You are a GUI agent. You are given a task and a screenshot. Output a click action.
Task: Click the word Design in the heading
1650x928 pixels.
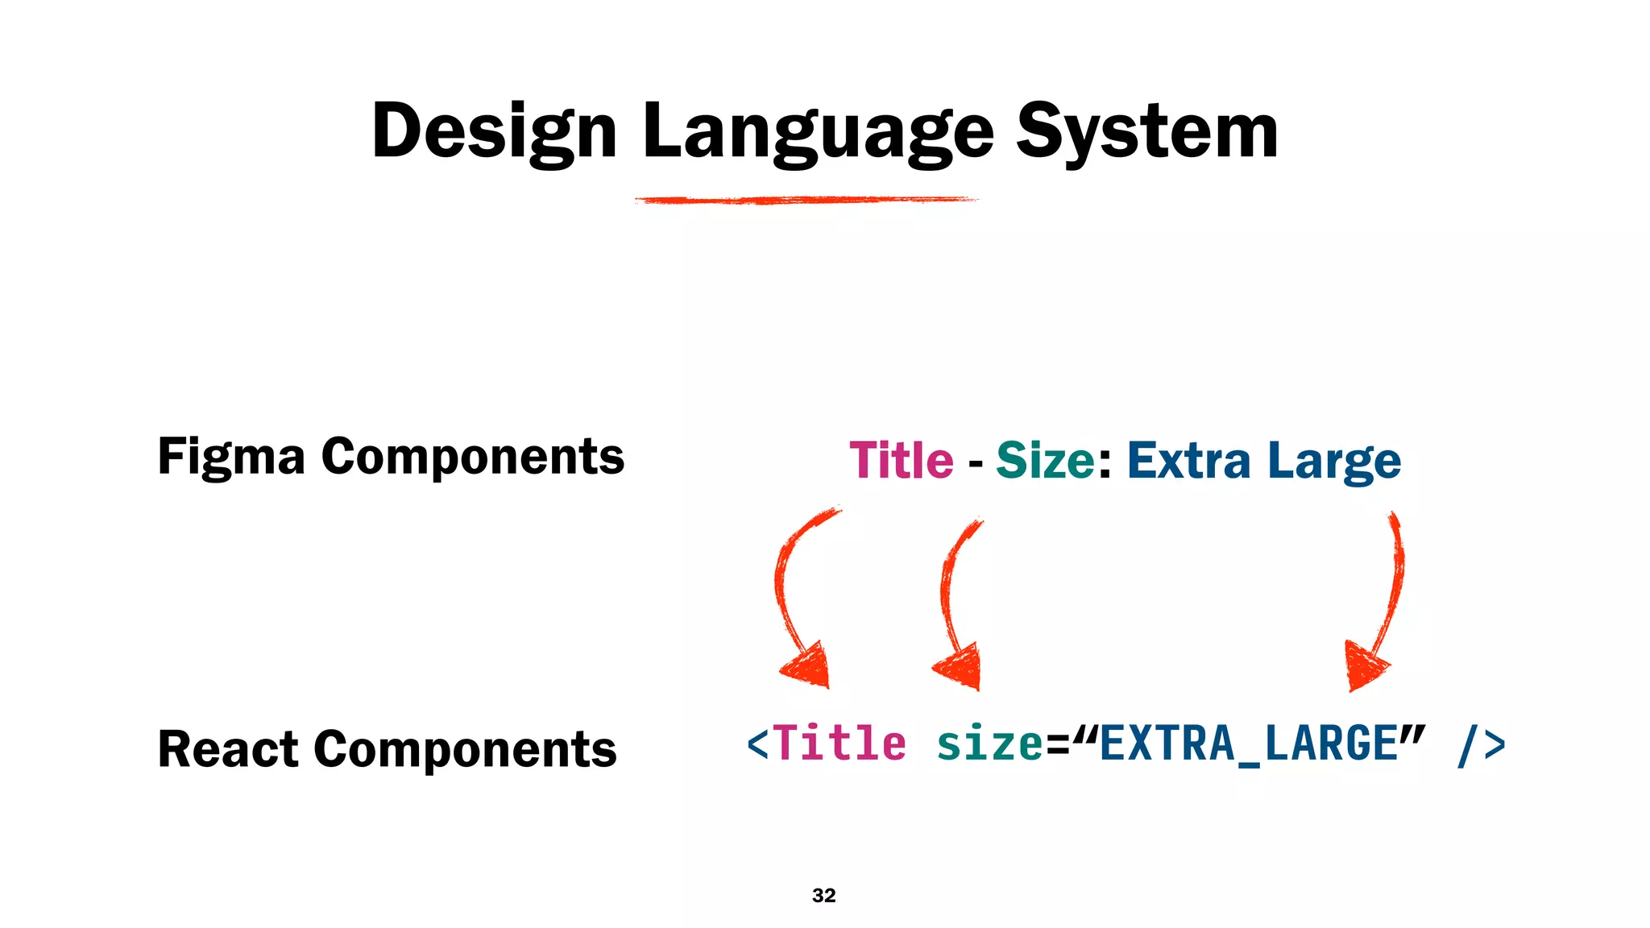click(x=493, y=131)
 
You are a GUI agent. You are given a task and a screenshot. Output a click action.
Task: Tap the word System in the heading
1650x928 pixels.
click(x=1146, y=131)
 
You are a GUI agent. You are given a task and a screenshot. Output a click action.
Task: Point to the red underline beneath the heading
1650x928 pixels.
click(x=806, y=200)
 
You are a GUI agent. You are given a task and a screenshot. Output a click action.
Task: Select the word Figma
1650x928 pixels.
click(x=231, y=458)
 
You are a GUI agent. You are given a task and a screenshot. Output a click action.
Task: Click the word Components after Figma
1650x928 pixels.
click(x=473, y=458)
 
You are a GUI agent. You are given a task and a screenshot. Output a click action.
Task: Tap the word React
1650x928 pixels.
click(x=228, y=749)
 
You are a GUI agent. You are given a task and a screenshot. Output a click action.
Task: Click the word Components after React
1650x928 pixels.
click(x=465, y=749)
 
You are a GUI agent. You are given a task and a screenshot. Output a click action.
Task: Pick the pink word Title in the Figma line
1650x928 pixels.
click(x=902, y=461)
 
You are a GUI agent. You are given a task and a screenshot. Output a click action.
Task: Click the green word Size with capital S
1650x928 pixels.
click(x=1045, y=461)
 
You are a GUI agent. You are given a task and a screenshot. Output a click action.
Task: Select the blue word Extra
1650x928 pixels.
click(x=1188, y=461)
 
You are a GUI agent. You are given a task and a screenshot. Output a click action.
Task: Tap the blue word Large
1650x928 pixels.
click(x=1334, y=461)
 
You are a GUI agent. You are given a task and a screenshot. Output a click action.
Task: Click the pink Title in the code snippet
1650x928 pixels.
click(x=840, y=743)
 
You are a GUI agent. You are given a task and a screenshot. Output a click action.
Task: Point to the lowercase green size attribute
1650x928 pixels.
click(x=990, y=743)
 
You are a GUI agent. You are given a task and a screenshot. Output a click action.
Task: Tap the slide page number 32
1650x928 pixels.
click(x=824, y=895)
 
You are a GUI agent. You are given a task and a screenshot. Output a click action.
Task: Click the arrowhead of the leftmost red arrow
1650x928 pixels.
click(x=808, y=666)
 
